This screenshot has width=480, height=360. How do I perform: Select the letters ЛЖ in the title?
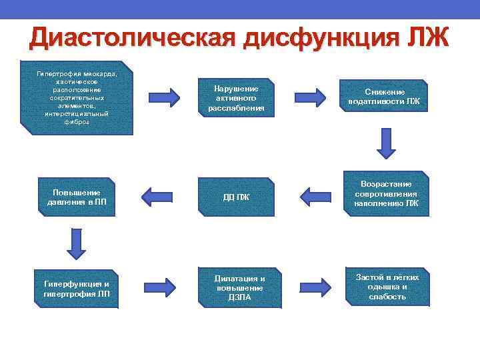427,38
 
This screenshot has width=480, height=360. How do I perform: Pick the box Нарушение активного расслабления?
236,98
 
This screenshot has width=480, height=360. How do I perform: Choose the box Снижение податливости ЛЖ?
384,97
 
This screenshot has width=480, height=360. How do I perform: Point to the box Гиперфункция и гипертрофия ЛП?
77,288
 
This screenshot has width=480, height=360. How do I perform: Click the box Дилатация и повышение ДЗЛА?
239,287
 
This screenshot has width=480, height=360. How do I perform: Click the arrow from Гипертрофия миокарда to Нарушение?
163,97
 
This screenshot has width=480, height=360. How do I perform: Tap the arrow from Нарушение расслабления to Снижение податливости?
310,97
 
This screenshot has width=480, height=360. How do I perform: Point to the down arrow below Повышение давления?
77,243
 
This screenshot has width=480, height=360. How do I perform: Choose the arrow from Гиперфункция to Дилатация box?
161,287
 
